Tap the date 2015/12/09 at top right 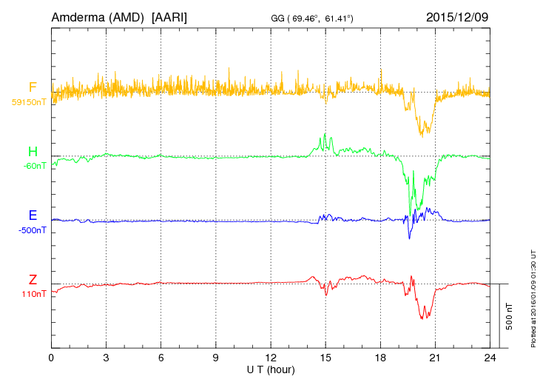pos(457,16)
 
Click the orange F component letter pos(33,87)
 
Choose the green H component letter pos(33,153)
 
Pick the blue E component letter pos(33,215)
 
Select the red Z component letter pos(33,280)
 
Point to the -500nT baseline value pos(33,230)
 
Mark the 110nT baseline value pos(33,294)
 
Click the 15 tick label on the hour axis pos(325,358)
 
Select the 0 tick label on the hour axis pos(51,358)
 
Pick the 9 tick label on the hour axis pos(216,358)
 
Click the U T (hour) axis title pos(271,369)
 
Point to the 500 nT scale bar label pos(510,316)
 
